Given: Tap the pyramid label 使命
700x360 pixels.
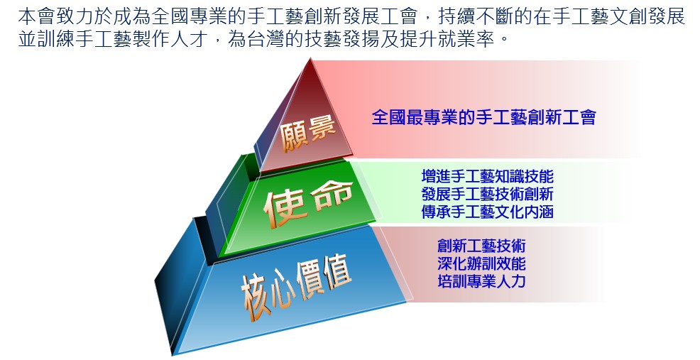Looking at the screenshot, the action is point(308,203).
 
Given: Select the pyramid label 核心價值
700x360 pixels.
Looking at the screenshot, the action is point(297,286).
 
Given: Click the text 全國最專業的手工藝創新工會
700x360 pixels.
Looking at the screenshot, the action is point(484,117).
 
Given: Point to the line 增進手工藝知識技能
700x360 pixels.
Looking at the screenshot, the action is point(488,176).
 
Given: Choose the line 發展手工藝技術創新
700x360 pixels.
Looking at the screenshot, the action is point(488,194).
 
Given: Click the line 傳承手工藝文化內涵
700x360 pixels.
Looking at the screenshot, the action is point(488,212).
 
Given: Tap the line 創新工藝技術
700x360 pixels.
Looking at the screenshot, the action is point(482,246).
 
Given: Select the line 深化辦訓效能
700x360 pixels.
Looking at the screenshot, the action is point(482,263).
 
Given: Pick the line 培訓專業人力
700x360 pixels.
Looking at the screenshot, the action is point(482,281).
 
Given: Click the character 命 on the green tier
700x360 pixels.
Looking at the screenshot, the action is point(332,196).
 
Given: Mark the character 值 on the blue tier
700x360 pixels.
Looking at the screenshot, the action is point(337,271).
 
